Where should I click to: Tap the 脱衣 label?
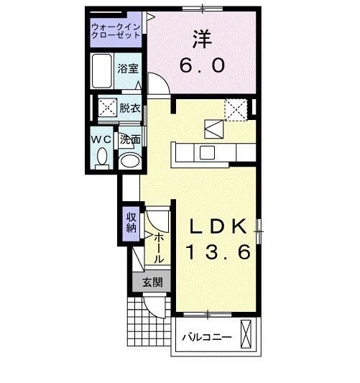[129, 109]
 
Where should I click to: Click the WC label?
[99, 138]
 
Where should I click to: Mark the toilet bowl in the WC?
[102, 156]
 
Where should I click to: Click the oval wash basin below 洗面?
[129, 161]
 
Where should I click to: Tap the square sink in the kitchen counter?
[208, 152]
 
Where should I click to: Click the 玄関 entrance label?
[152, 282]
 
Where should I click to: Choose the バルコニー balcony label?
[206, 336]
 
